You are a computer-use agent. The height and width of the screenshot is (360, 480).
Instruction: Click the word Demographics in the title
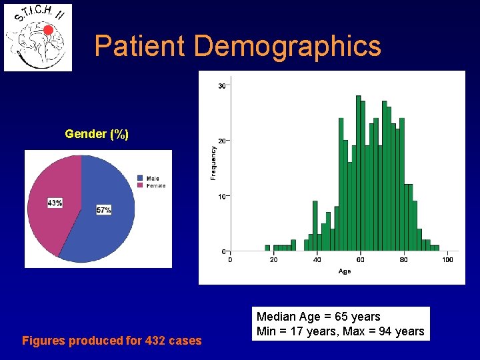pyautogui.click(x=288, y=46)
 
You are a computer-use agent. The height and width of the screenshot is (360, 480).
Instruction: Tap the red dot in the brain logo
pyautogui.click(x=48, y=30)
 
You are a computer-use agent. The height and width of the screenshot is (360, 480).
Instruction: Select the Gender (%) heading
pyautogui.click(x=97, y=134)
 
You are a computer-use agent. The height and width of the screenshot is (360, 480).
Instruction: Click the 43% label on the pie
pyautogui.click(x=55, y=203)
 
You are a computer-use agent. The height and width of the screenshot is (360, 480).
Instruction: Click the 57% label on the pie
pyautogui.click(x=103, y=210)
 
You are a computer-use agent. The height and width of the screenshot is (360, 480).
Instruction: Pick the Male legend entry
pyautogui.click(x=152, y=178)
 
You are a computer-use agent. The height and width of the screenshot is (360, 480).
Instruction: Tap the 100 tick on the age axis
pyautogui.click(x=447, y=259)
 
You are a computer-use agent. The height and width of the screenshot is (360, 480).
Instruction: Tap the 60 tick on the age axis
pyautogui.click(x=361, y=259)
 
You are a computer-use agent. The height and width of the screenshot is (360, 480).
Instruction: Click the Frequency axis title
pyautogui.click(x=213, y=163)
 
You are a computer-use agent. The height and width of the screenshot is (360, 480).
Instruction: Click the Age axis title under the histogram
pyautogui.click(x=345, y=271)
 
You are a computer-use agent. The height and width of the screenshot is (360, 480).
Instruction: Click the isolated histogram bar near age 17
pyautogui.click(x=267, y=248)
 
